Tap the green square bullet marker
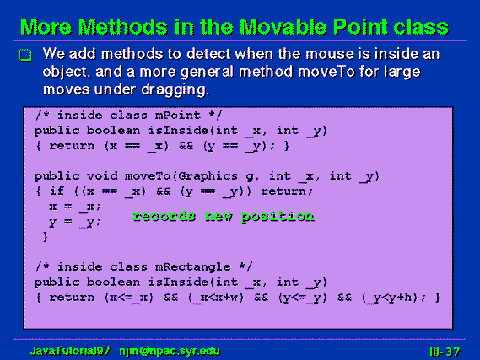(25, 55)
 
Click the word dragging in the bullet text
(175, 90)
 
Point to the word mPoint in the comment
(177, 116)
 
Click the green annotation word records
(164, 216)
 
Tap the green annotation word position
(278, 217)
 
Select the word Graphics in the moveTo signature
(208, 176)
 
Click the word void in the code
(102, 176)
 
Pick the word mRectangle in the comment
(192, 267)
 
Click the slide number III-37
(445, 352)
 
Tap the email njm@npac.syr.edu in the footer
(170, 351)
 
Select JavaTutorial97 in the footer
(70, 351)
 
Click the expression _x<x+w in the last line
(216, 298)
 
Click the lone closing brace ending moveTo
(46, 236)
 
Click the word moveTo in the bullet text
(326, 73)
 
